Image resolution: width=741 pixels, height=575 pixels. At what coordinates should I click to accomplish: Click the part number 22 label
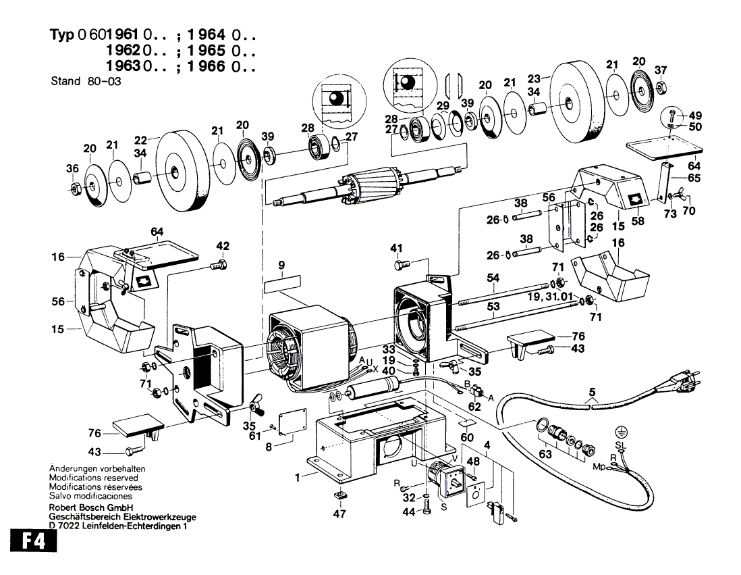click(x=140, y=140)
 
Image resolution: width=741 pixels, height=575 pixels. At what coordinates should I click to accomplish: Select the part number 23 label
click(x=534, y=78)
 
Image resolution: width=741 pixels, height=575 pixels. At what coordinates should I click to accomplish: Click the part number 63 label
click(x=545, y=454)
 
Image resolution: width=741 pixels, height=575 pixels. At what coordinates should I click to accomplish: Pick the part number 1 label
click(x=297, y=478)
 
